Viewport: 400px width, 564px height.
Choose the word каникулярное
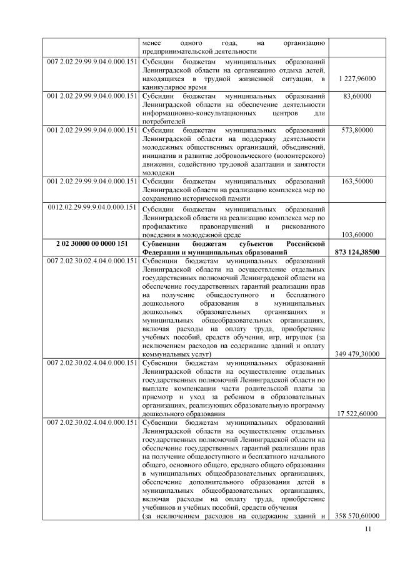pos(165,87)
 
